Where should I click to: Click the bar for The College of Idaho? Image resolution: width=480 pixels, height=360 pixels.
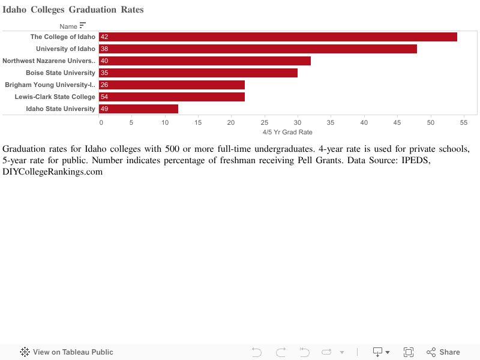point(278,37)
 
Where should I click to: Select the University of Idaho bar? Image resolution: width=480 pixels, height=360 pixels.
point(258,49)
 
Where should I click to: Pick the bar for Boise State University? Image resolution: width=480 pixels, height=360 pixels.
point(198,73)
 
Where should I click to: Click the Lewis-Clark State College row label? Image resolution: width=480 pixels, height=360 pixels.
point(55,97)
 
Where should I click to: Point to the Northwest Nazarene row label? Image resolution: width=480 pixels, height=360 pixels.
point(49,61)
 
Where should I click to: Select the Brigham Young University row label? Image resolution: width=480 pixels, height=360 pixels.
point(50,85)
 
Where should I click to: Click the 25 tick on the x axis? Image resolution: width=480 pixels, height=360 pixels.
point(265,122)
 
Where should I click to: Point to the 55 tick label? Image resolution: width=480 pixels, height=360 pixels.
point(463,122)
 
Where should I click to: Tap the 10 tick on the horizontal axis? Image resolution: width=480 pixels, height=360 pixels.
point(166,122)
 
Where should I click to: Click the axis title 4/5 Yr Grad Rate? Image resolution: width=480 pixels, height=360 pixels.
point(287,132)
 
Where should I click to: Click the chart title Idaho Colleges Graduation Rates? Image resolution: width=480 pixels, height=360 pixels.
point(73,10)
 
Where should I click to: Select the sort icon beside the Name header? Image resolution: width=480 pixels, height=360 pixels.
point(83,25)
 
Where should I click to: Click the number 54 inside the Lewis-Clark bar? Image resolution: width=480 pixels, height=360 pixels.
point(104,97)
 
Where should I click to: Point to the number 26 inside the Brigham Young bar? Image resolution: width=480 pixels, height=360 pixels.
point(104,85)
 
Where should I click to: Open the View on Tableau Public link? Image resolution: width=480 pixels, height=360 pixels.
point(67,352)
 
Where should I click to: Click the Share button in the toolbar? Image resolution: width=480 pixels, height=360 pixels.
point(443,352)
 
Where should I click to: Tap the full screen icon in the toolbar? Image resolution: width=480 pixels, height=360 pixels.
point(409,352)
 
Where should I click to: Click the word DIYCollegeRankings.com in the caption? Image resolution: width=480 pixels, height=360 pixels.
point(53,172)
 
